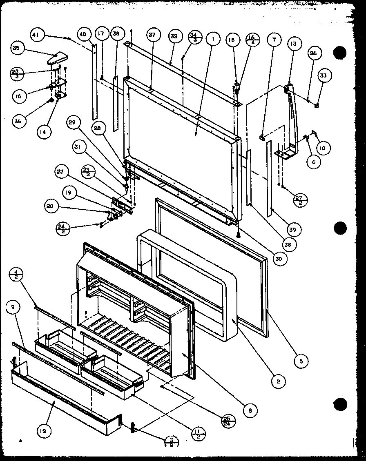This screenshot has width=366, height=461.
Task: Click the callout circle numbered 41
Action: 36,35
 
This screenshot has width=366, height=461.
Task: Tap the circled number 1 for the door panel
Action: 213,40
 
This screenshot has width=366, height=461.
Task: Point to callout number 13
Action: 295,43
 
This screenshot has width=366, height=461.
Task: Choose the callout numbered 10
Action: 323,148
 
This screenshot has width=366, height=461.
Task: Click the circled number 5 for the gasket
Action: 300,360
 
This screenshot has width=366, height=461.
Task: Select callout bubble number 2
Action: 278,381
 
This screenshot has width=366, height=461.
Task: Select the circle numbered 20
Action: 50,207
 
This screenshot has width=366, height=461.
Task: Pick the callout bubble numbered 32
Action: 174,36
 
